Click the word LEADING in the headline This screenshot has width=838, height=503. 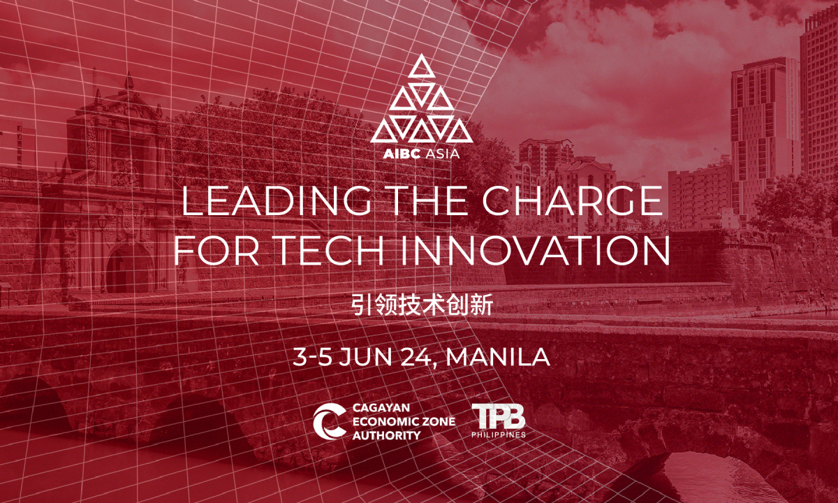click(277, 201)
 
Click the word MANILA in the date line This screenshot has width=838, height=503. click(498, 357)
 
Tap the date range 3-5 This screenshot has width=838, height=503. click(312, 357)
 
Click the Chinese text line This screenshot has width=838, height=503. click(422, 305)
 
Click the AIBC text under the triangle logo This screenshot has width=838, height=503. click(402, 154)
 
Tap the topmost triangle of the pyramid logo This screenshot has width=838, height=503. click(422, 66)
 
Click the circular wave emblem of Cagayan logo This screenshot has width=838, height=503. click(329, 421)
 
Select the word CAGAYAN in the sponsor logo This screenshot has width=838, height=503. click(381, 407)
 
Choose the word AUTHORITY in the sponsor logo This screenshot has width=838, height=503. click(386, 435)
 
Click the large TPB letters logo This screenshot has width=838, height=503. click(499, 416)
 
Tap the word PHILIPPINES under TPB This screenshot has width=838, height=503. click(499, 435)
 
